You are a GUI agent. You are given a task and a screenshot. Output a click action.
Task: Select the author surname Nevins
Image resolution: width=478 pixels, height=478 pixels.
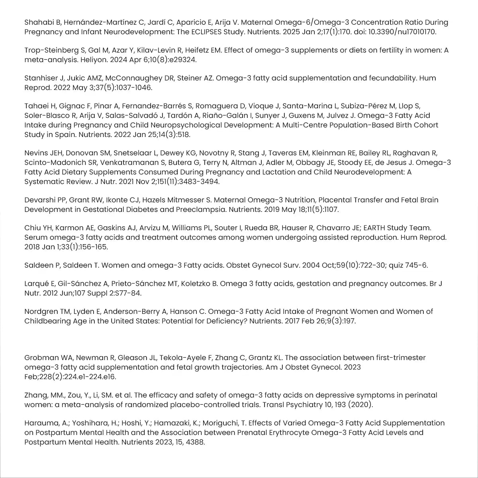point(35,153)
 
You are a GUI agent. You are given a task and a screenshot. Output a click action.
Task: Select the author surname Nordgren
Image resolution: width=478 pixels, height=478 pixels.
point(40,311)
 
